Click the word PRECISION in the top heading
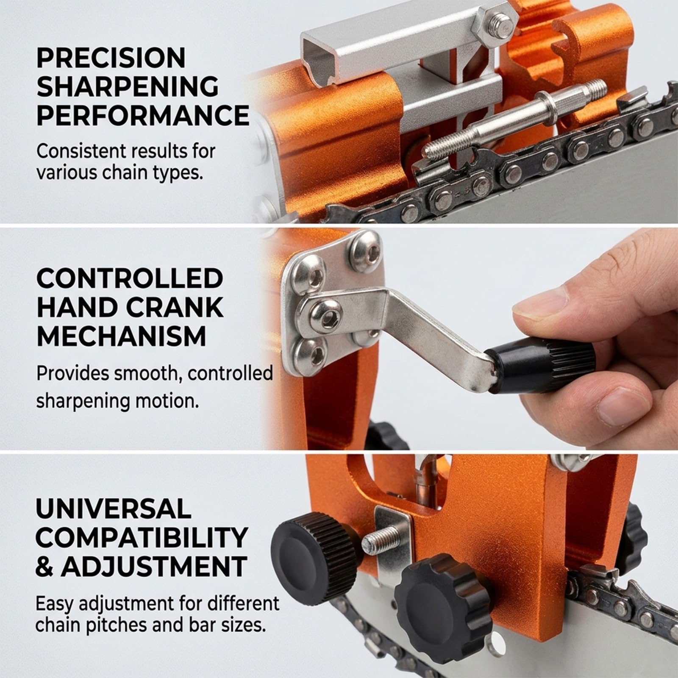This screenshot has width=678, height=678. [x=111, y=58]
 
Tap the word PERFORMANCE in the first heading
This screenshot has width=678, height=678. [x=143, y=115]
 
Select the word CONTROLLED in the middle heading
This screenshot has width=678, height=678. [x=130, y=279]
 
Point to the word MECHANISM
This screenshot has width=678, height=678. [x=121, y=336]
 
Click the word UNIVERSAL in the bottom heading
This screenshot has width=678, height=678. [x=114, y=509]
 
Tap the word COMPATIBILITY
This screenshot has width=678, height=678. [x=142, y=537]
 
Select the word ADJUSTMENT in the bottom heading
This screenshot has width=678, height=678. [x=154, y=566]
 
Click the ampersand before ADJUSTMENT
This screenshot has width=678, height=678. [x=45, y=566]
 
